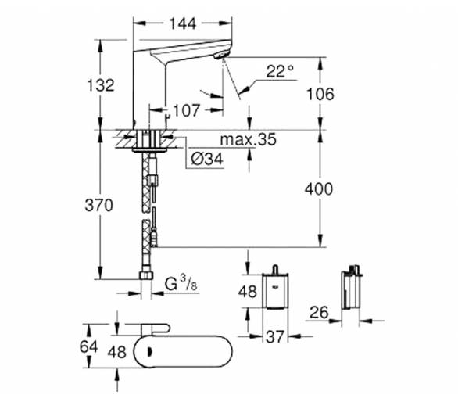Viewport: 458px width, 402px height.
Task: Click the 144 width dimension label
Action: click(183, 23)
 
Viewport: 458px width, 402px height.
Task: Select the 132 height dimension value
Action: click(101, 85)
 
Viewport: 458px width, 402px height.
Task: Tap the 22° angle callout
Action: click(280, 71)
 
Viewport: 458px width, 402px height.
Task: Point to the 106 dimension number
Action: click(320, 94)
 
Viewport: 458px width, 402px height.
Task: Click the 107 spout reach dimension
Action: click(186, 110)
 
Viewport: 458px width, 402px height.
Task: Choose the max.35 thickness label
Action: click(248, 139)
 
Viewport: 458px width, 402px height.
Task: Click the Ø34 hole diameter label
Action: click(207, 159)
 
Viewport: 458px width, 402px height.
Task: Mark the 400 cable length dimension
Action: click(319, 188)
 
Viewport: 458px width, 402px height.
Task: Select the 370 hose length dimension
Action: click(98, 205)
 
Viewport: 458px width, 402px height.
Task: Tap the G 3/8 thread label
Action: click(181, 284)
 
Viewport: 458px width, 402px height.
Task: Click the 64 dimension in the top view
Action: click(89, 346)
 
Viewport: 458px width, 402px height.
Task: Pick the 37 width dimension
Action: click(275, 336)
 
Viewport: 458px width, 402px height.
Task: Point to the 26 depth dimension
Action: click(319, 312)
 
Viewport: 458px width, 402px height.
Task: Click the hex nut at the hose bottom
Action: click(146, 275)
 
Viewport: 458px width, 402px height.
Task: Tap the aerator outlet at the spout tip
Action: click(222, 55)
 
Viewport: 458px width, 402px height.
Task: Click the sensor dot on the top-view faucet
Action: click(150, 352)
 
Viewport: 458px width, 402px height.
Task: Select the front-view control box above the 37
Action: click(275, 288)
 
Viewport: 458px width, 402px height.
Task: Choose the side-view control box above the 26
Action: click(352, 288)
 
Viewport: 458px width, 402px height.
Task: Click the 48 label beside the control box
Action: click(248, 292)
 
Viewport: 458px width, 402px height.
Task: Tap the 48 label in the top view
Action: click(117, 352)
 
